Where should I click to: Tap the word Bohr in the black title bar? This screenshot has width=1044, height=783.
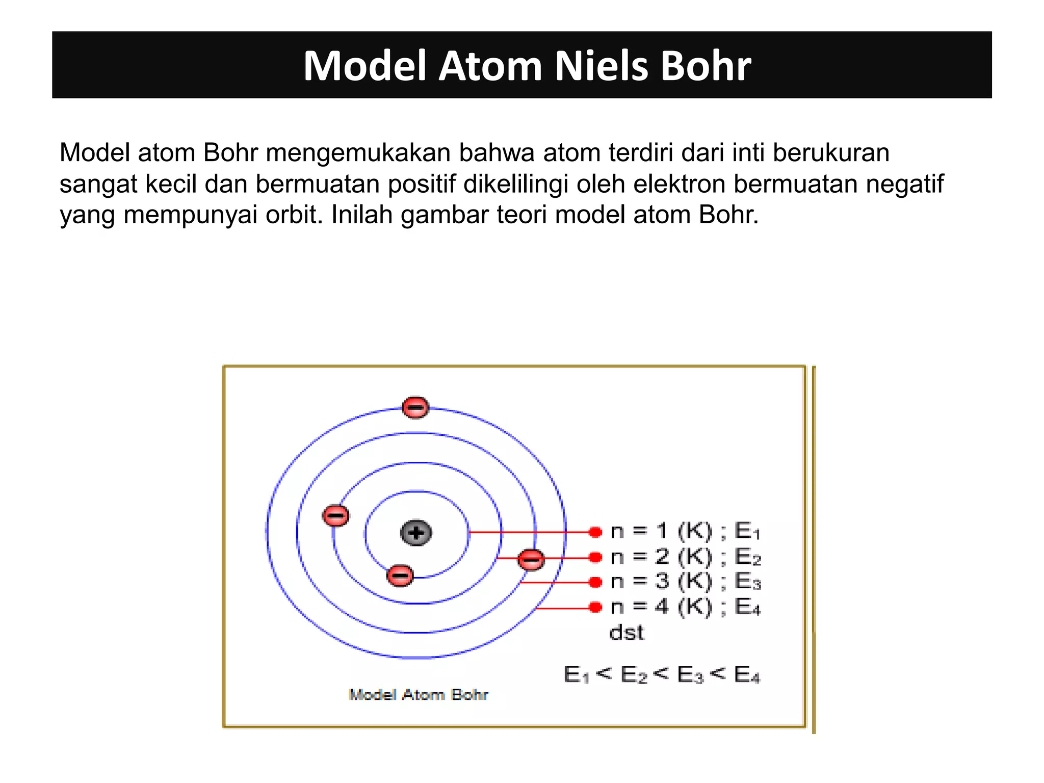click(706, 66)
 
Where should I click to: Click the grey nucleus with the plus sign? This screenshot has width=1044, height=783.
click(416, 533)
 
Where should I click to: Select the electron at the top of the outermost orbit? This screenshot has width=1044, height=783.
click(415, 407)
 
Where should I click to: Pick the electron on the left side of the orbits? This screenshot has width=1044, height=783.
click(336, 515)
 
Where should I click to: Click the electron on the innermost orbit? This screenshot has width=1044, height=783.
click(400, 576)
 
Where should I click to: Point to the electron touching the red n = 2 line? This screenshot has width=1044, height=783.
click(531, 559)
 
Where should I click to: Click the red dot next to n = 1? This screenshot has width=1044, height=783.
click(595, 532)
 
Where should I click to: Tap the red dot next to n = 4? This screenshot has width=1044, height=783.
click(595, 607)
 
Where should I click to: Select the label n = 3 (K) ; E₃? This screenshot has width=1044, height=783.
click(685, 581)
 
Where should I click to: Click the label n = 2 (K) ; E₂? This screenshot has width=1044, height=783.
click(685, 557)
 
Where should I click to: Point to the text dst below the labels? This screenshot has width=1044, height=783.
click(627, 633)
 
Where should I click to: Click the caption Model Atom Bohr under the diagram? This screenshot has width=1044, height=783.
click(419, 694)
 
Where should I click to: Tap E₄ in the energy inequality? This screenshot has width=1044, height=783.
click(747, 675)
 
